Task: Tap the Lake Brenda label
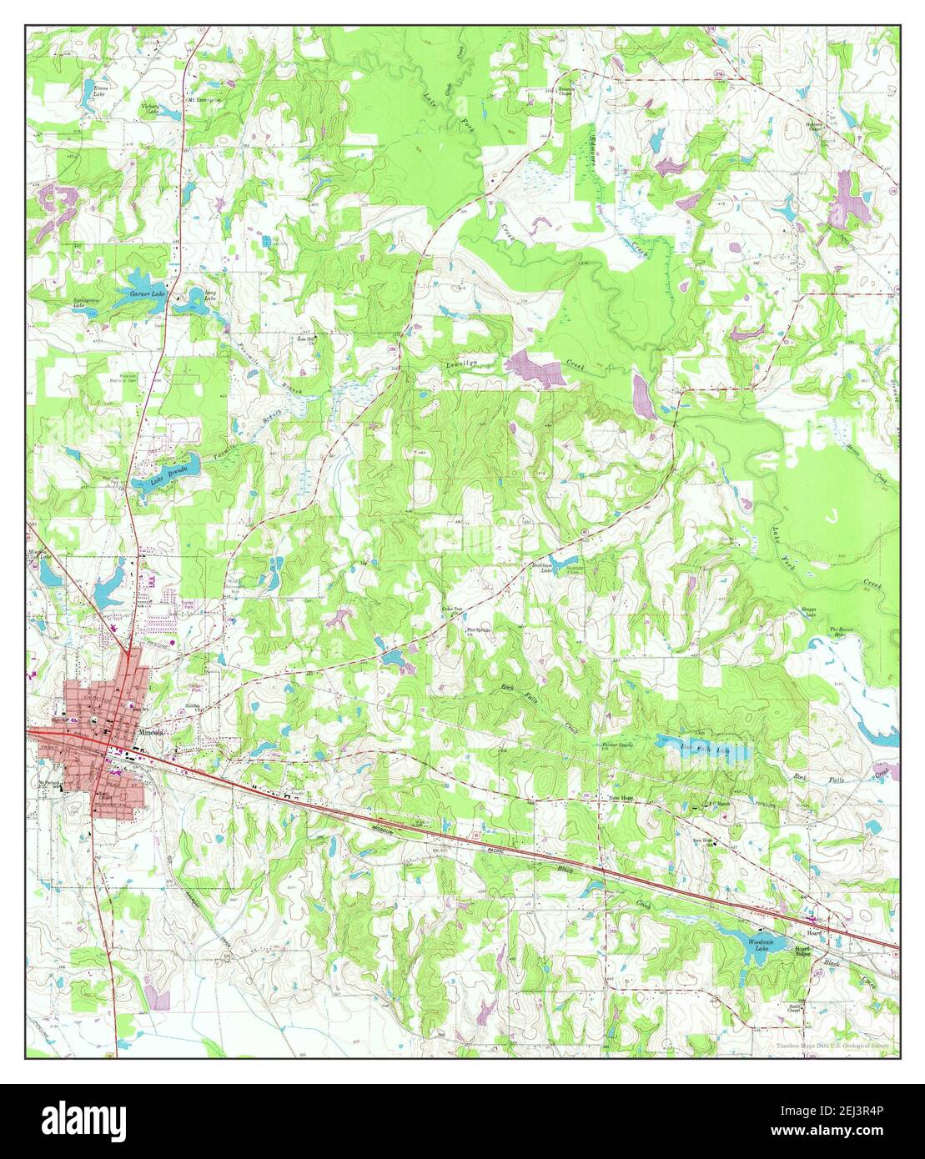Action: (x=163, y=475)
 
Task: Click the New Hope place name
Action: (x=621, y=798)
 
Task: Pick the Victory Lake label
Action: (x=149, y=108)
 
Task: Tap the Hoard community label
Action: (x=814, y=921)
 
